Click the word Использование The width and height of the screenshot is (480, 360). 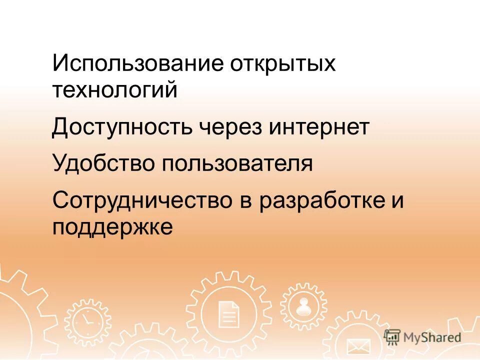pos(137,64)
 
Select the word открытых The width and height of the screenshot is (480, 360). pos(283,64)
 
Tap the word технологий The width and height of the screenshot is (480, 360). pos(115,90)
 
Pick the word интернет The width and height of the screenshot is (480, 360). pos(319,127)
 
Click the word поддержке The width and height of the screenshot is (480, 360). pos(112,227)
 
